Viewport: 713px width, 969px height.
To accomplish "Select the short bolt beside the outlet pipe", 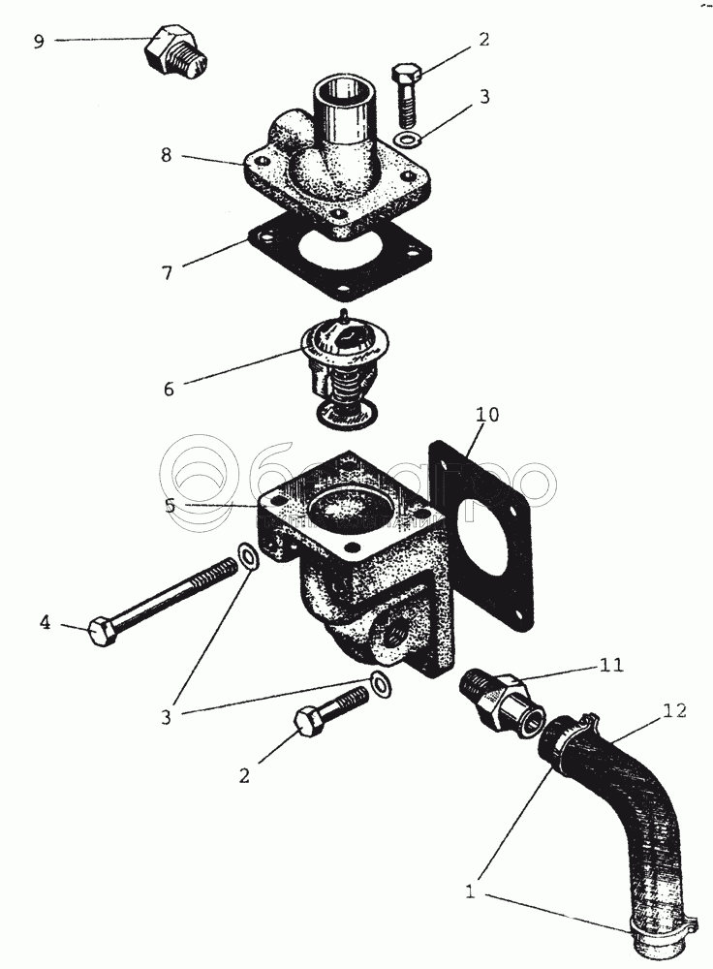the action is pyautogui.click(x=406, y=95).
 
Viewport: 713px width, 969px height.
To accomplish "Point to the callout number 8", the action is pyautogui.click(x=168, y=154).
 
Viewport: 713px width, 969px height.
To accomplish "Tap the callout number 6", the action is pyautogui.click(x=169, y=389).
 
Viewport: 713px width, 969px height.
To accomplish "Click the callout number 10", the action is pyautogui.click(x=487, y=415).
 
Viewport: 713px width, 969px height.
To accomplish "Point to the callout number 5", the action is pyautogui.click(x=169, y=505).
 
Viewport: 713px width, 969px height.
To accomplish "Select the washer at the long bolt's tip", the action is pyautogui.click(x=249, y=559).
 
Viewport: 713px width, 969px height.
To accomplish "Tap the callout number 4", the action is pyautogui.click(x=45, y=622).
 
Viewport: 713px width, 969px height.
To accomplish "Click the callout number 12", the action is pyautogui.click(x=675, y=710).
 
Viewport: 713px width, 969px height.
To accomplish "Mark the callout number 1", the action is pyautogui.click(x=471, y=891).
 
